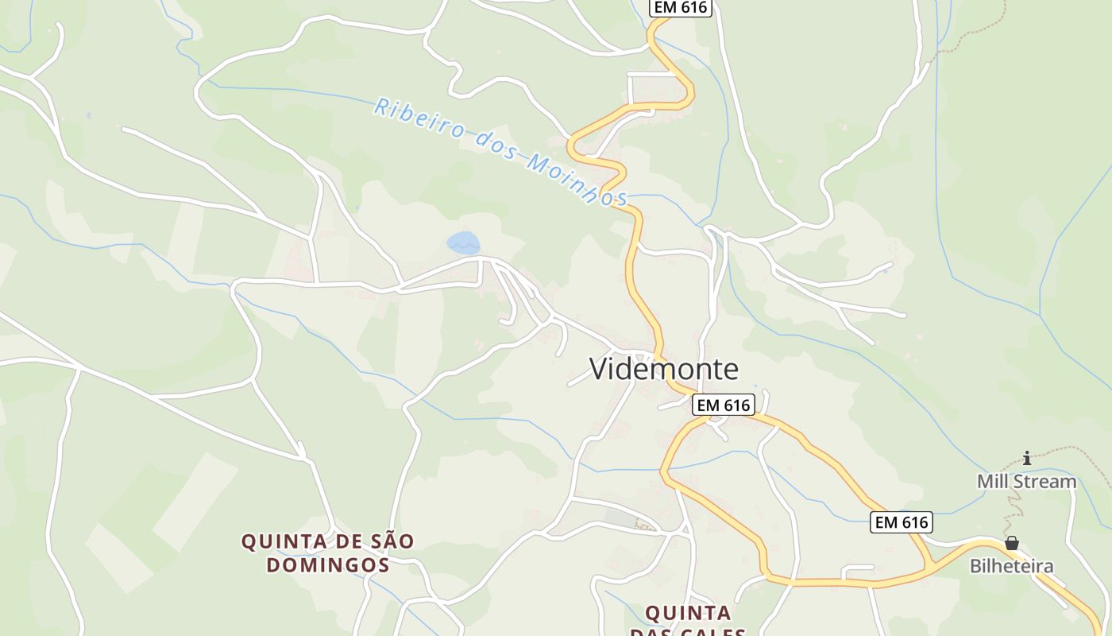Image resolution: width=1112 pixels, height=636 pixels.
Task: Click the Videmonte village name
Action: (663, 369)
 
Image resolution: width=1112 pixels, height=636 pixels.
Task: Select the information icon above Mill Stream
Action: (1027, 458)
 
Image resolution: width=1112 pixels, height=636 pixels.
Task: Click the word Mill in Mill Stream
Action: (992, 482)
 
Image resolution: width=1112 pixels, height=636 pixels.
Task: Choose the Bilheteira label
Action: (1011, 566)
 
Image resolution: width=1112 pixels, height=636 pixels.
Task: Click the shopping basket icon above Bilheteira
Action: (1011, 543)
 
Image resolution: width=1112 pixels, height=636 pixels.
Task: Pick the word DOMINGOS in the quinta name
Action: (327, 565)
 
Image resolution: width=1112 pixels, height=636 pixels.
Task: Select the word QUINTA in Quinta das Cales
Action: (688, 613)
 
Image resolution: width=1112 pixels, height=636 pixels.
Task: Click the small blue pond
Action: (463, 243)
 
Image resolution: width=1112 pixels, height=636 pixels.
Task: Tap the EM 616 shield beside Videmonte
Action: (722, 405)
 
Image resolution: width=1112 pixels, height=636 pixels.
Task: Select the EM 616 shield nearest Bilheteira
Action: (901, 522)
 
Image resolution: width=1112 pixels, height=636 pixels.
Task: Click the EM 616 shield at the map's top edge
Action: (680, 7)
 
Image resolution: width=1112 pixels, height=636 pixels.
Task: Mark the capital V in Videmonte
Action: (600, 369)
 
